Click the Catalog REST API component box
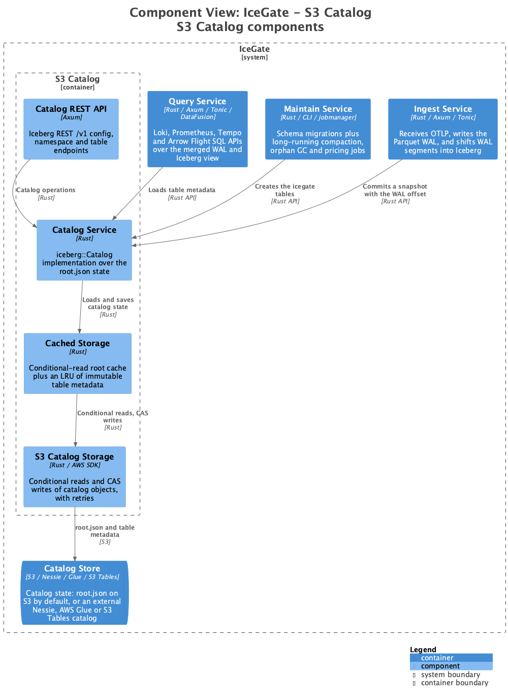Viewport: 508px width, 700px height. pyautogui.click(x=71, y=129)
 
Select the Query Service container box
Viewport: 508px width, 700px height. pyautogui.click(x=197, y=129)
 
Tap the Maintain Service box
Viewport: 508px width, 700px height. pyautogui.click(x=318, y=129)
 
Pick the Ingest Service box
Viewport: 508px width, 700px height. pyautogui.click(x=443, y=129)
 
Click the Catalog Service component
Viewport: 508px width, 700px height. pyautogui.click(x=84, y=250)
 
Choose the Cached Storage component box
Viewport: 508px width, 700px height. pyautogui.click(x=77, y=363)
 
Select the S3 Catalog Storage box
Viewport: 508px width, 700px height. pyautogui.click(x=75, y=477)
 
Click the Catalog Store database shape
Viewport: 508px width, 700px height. pyautogui.click(x=75, y=593)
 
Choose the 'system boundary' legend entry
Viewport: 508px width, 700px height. pyautogui.click(x=451, y=675)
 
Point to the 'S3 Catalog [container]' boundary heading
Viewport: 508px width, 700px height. pyautogui.click(x=77, y=82)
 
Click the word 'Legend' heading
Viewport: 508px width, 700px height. pyautogui.click(x=423, y=649)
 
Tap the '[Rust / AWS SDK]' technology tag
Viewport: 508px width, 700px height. pyautogui.click(x=75, y=465)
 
